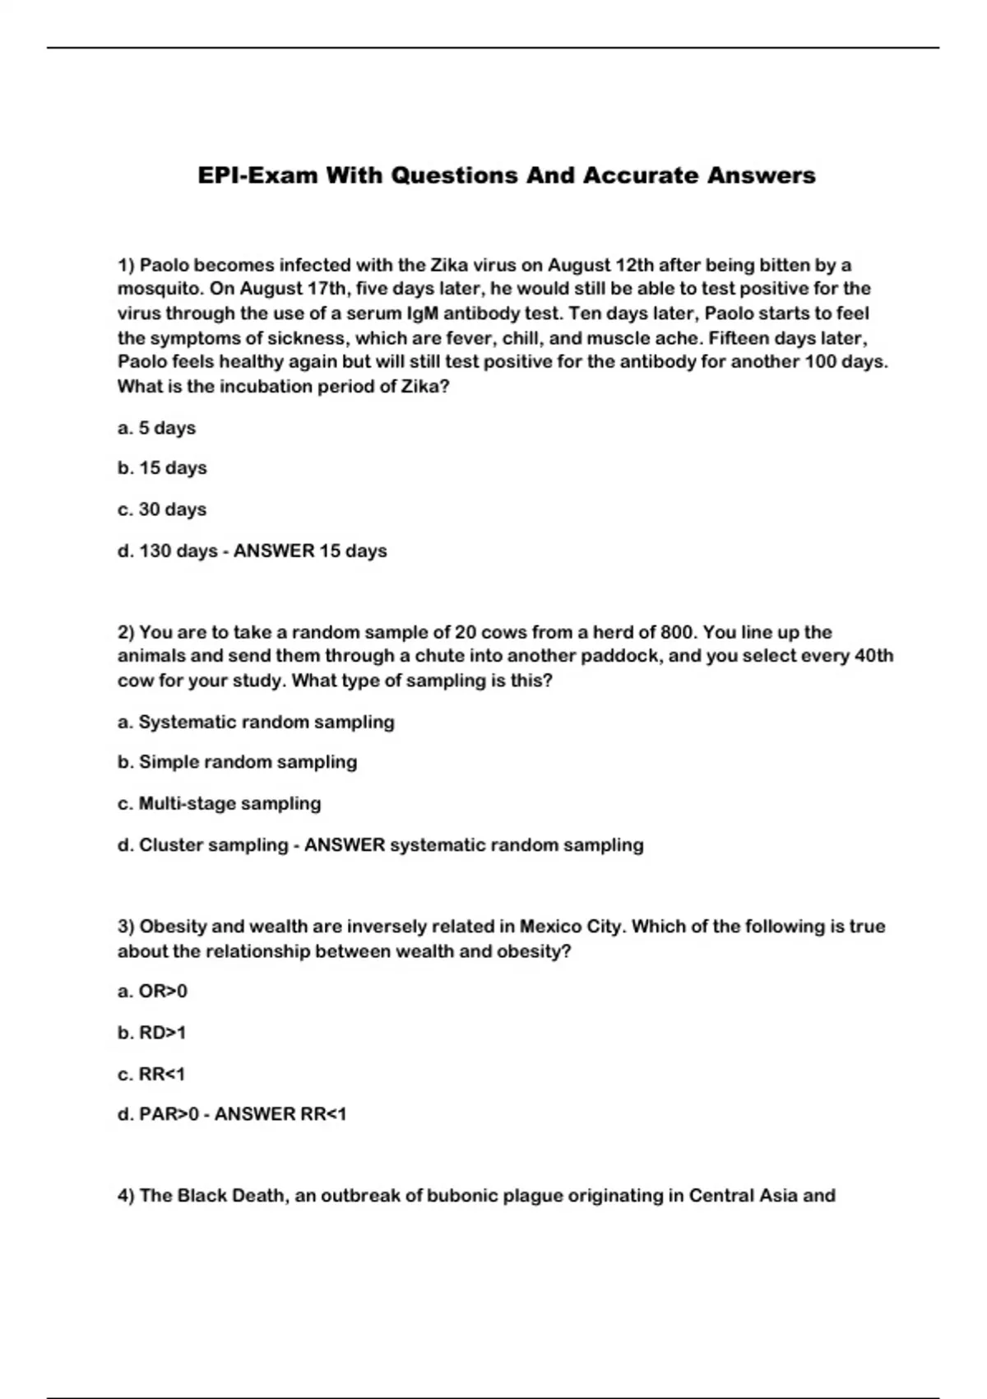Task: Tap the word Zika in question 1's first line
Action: coord(449,265)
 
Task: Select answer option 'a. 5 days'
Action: coord(156,428)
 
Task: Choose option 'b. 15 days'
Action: coord(162,468)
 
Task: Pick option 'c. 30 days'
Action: coord(162,509)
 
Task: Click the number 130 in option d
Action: coord(155,551)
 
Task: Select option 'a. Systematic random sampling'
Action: coord(256,722)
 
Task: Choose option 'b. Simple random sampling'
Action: coord(237,762)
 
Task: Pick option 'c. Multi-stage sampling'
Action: coord(219,803)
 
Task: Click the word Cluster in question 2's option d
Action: coord(172,845)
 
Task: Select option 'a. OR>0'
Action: coord(152,992)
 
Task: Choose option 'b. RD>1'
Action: coord(152,1033)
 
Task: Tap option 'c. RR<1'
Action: coord(151,1074)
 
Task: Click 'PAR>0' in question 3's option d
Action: coord(169,1114)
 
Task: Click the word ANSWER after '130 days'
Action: coord(274,551)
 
